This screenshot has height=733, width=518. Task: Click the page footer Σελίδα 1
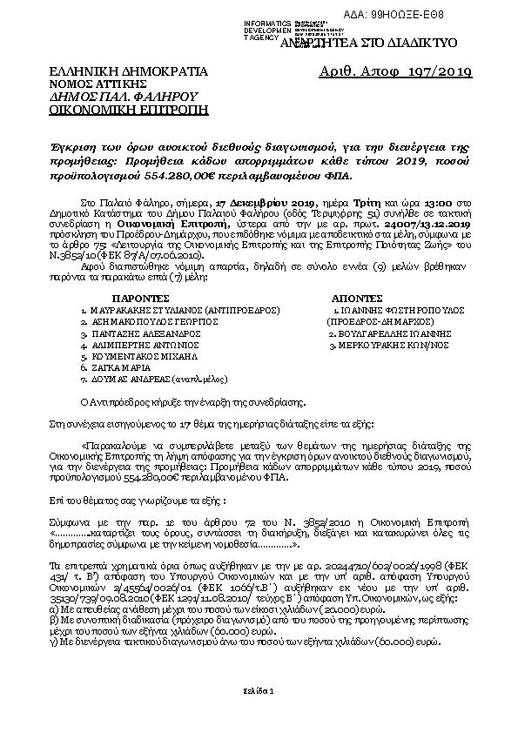point(259,690)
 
